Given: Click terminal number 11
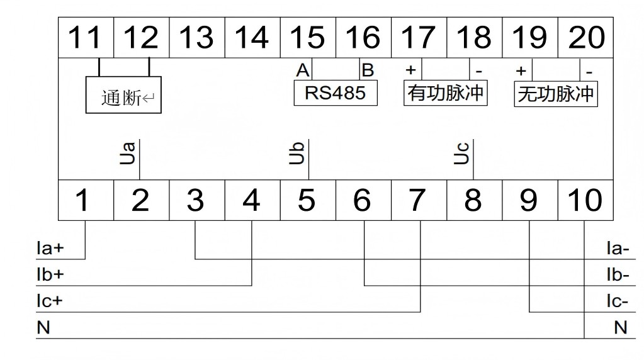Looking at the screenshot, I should click(85, 38).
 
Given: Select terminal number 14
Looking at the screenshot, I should click(252, 38).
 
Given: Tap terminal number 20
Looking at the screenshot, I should click(586, 38).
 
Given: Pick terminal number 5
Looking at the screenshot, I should click(307, 201).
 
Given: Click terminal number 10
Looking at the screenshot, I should click(585, 201).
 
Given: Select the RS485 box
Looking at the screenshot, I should click(335, 93).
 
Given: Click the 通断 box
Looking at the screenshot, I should click(123, 98).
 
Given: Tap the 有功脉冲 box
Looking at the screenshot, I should click(446, 94).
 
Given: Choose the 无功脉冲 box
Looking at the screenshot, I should click(556, 94).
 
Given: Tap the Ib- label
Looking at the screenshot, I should click(617, 275).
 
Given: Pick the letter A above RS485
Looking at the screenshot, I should click(303, 69).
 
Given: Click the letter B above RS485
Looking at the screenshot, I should click(367, 69).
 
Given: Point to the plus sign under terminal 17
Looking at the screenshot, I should click(411, 69).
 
